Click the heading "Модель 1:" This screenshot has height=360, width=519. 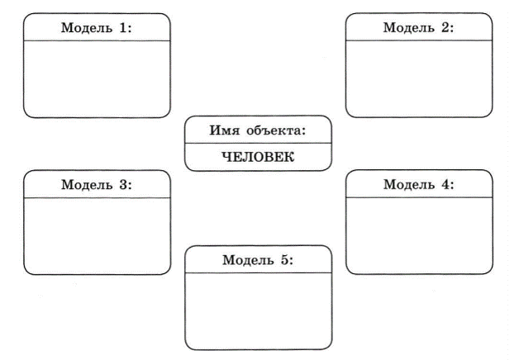point(97,28)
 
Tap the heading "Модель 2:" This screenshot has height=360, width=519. point(418,27)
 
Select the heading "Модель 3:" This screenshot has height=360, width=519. point(97,184)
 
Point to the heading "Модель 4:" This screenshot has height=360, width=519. point(419,184)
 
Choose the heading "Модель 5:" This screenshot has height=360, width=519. point(258,260)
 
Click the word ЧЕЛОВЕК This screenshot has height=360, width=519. point(258,157)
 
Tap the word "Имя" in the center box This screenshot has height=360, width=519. point(224,130)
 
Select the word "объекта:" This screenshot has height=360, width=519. point(276,131)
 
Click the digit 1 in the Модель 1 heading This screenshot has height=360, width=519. point(124,28)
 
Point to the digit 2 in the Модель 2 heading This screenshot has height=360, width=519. point(445,27)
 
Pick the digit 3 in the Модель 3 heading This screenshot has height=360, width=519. point(124,184)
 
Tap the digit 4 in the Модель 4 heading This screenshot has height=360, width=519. point(445,184)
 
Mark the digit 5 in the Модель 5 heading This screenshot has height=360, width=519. point(285,260)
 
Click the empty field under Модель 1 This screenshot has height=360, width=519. point(97,79)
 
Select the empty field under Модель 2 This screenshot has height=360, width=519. point(419,78)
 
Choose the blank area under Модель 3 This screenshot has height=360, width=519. point(97,236)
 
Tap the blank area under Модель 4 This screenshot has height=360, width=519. point(419,235)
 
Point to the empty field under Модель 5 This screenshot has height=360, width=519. point(258,311)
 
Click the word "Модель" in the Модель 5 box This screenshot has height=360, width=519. point(248,260)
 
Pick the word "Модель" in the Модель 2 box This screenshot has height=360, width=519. point(409,28)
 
